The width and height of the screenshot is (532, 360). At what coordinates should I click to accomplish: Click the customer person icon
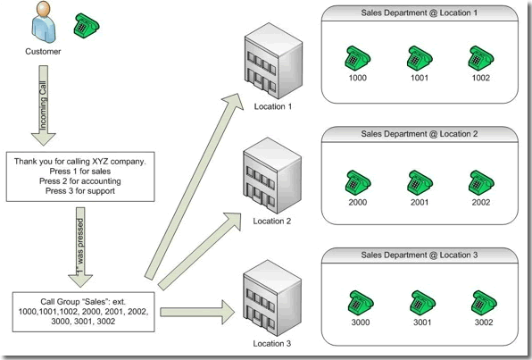(x=43, y=22)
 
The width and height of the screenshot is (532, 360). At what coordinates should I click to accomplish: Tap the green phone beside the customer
(x=87, y=26)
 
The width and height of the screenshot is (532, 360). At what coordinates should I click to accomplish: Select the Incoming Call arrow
(x=44, y=105)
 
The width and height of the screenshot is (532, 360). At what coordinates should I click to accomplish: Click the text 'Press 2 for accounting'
(x=80, y=181)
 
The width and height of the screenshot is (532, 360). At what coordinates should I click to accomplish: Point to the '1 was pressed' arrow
(x=80, y=247)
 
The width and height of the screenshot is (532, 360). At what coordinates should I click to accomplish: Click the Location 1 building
(x=273, y=61)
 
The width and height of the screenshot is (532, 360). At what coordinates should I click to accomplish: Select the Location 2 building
(x=272, y=176)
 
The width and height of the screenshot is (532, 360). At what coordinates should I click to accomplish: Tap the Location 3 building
(x=272, y=297)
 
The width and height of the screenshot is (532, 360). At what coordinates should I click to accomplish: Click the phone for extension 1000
(x=358, y=58)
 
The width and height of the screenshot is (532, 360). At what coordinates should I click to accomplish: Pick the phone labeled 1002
(x=481, y=58)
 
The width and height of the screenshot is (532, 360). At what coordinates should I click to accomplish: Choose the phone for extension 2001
(x=420, y=183)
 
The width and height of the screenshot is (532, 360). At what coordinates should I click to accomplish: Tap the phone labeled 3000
(x=361, y=303)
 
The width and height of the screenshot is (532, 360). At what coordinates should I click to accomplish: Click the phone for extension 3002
(x=484, y=303)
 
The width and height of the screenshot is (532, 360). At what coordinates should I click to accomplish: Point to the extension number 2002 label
(x=481, y=203)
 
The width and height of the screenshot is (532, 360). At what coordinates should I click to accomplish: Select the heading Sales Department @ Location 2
(x=420, y=134)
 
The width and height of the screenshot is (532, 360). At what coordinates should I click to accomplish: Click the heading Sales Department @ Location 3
(x=420, y=255)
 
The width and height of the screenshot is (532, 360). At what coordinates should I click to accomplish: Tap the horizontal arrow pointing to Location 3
(x=197, y=312)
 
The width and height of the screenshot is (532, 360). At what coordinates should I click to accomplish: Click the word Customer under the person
(x=43, y=52)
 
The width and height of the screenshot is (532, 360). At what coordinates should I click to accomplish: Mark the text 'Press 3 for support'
(x=80, y=191)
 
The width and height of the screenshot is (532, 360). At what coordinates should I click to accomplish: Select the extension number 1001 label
(x=420, y=78)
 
